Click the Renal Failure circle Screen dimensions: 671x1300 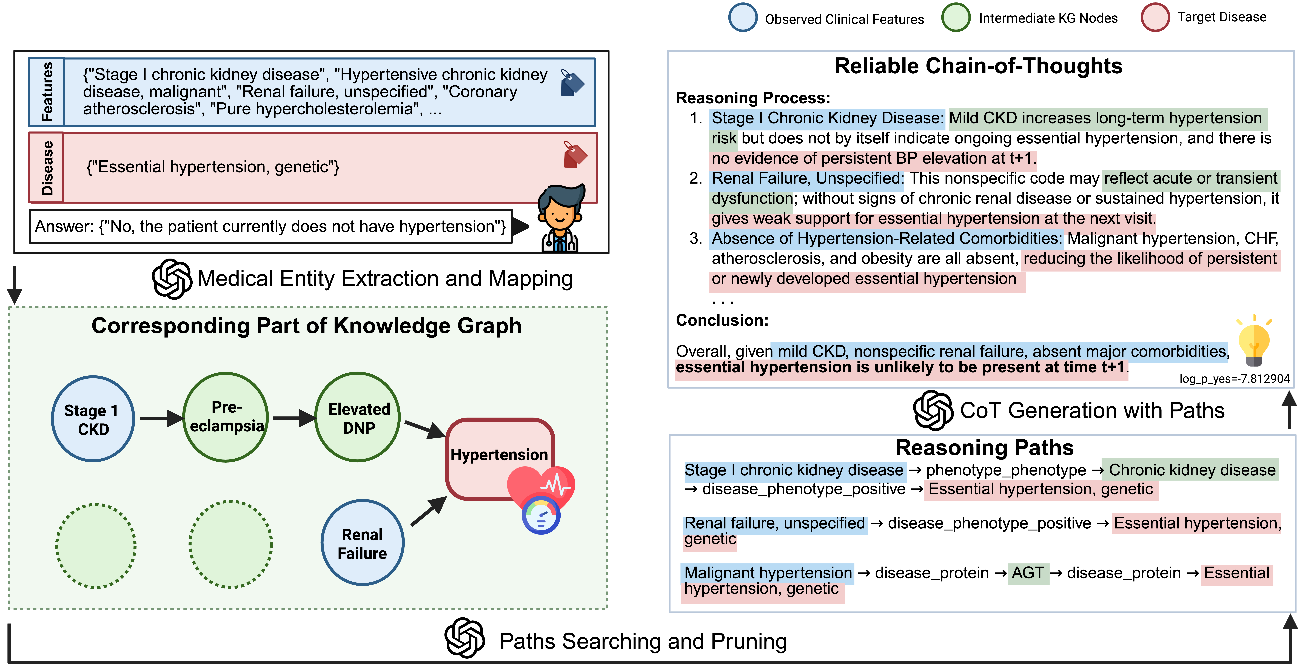coord(362,543)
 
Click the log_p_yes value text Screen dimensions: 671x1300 coord(1234,379)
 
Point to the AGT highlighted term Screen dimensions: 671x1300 coord(1027,573)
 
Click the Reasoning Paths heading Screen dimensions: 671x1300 coord(984,447)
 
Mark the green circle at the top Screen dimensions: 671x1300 coord(955,17)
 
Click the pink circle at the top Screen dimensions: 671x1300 coord(1155,17)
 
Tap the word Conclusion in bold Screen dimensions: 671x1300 coord(722,320)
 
